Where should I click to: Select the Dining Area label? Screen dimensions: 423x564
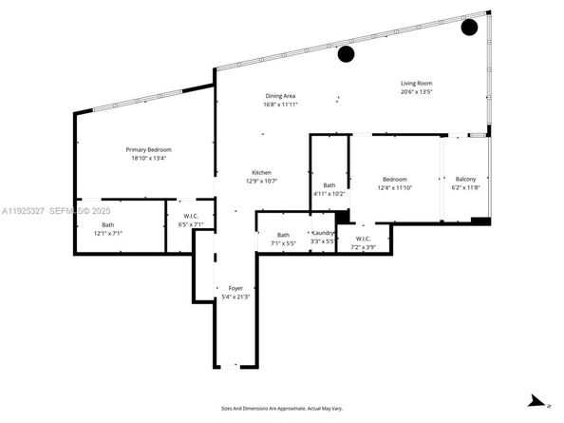(x=282, y=96)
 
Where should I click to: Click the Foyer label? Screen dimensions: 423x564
(x=235, y=288)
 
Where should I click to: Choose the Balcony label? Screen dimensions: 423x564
(x=465, y=180)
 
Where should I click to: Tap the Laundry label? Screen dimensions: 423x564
(x=324, y=234)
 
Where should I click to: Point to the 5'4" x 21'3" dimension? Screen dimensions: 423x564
(x=235, y=297)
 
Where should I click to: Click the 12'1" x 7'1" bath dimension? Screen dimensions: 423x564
(x=107, y=233)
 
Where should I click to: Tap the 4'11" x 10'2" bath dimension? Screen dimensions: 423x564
(x=329, y=194)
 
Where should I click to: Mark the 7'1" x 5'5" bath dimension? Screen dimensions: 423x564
(x=283, y=243)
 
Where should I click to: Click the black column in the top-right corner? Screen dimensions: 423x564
(x=469, y=27)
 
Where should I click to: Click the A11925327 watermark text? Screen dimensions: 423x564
(x=23, y=210)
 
